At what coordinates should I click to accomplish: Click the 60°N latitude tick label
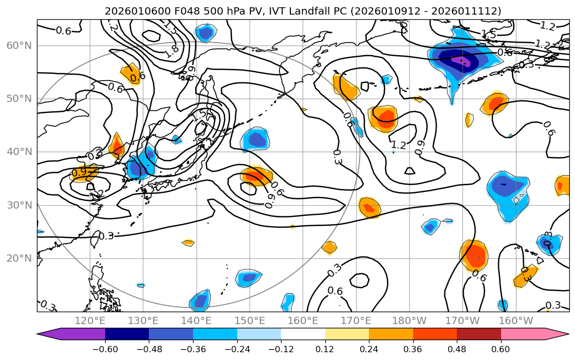[x=19, y=46]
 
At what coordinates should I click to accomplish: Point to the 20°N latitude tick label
[x=19, y=259]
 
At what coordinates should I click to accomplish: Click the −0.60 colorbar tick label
[x=105, y=349]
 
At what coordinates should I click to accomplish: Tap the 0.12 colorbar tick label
[x=325, y=349]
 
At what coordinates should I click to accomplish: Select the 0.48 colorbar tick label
[x=457, y=349]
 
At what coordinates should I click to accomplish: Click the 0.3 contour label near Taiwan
[x=106, y=236]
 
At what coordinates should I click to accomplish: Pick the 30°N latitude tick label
[x=19, y=205]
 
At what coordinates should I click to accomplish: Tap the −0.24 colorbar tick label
[x=237, y=349]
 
